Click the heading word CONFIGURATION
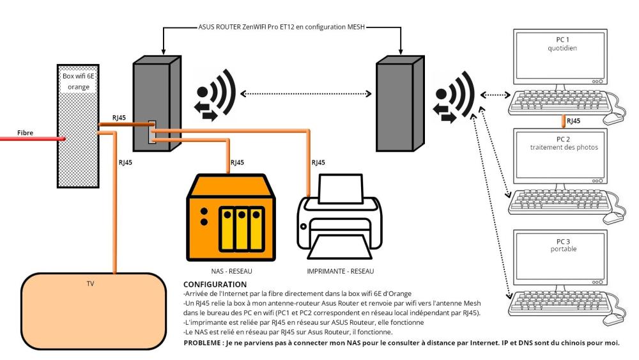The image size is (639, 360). (x=214, y=283)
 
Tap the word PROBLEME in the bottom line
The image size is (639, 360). (x=203, y=342)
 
